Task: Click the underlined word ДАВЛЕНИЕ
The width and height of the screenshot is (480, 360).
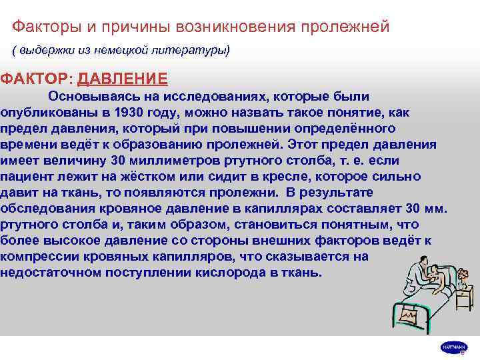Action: [x=123, y=79]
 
